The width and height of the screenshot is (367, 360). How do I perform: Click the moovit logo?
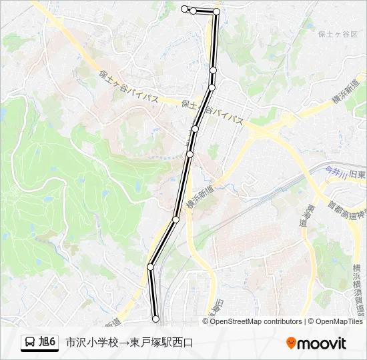(x=316, y=343)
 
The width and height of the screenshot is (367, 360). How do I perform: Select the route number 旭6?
(x=48, y=343)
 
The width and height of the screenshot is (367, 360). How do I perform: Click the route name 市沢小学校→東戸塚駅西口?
(x=129, y=343)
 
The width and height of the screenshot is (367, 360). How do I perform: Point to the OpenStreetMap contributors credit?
(x=256, y=321)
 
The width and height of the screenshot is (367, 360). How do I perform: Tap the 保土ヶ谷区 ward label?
(x=338, y=34)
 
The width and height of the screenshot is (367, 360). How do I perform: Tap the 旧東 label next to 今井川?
(x=357, y=174)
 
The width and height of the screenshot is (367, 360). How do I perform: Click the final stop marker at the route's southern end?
(x=155, y=319)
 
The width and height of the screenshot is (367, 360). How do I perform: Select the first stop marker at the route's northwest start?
(x=184, y=8)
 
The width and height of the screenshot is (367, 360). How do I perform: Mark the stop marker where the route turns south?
(x=216, y=11)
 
